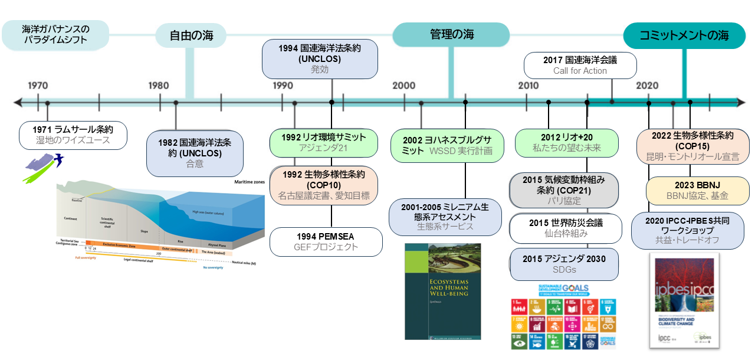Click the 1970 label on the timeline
38,86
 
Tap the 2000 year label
404,86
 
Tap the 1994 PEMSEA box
326,242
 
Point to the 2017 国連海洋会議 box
580,65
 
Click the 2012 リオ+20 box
566,142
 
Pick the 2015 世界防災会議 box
565,228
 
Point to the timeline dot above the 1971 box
47,103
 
